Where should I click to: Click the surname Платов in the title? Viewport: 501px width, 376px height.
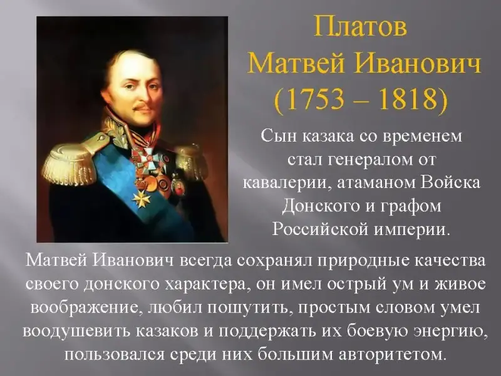(x=361, y=26)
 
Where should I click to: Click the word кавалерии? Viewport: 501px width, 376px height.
(x=286, y=183)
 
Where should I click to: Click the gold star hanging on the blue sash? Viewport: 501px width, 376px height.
(x=141, y=198)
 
